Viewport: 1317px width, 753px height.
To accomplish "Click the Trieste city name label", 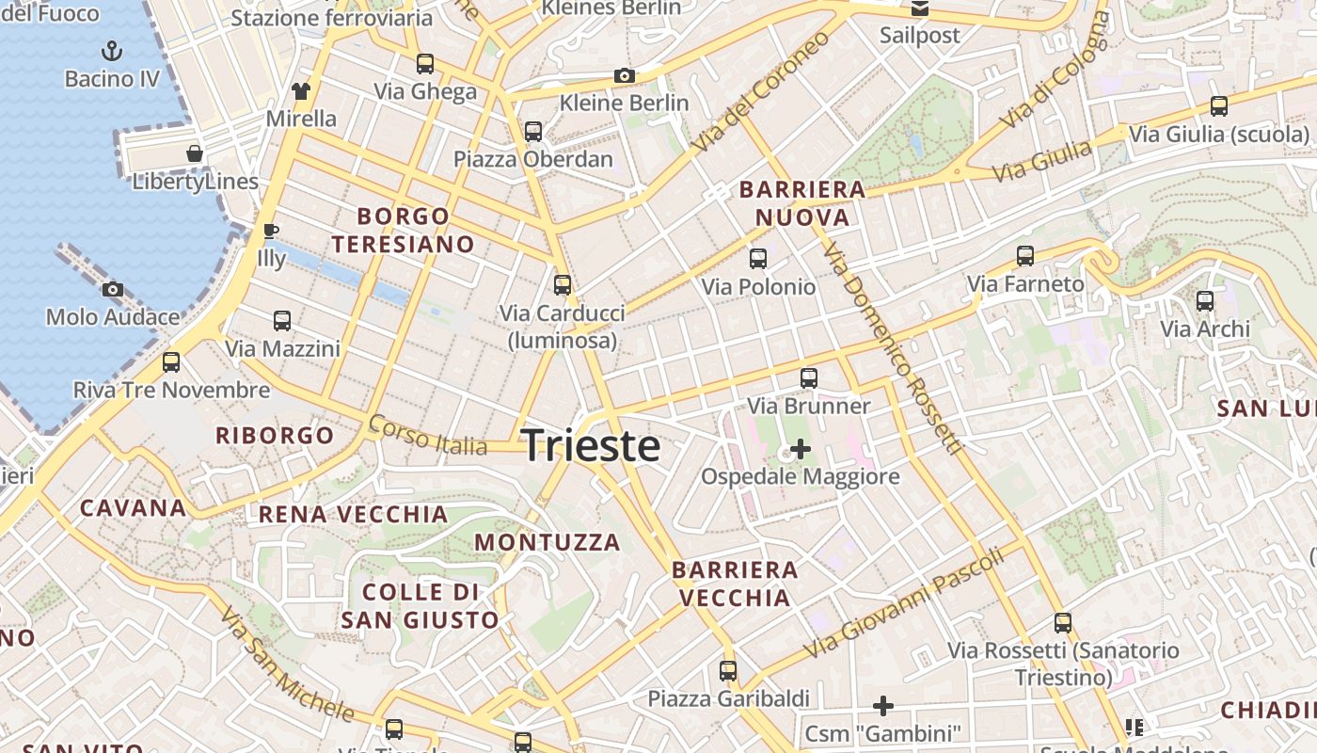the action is coord(591,444).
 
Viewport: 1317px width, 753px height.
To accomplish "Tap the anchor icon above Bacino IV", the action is coord(112,50).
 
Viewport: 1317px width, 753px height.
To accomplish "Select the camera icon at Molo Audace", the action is coord(113,289).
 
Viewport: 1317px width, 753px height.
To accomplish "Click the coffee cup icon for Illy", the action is coord(271,231).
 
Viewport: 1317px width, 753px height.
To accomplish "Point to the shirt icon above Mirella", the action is coord(301,91).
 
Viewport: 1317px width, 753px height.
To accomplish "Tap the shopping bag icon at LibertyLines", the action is coord(195,152).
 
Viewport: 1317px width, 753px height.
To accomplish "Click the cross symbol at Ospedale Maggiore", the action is coord(800,449).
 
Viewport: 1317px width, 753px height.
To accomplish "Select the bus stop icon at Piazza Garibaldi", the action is coord(728,671).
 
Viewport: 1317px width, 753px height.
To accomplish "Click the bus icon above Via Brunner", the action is coord(809,378).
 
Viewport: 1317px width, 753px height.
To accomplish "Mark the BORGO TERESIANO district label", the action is coord(403,231).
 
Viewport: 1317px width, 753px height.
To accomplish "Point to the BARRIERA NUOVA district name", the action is coord(802,203).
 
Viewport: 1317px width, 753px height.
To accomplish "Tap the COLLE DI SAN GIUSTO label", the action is coord(420,606).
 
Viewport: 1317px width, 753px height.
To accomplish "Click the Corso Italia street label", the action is coord(428,436).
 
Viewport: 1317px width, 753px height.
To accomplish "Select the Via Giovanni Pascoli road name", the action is coord(904,603).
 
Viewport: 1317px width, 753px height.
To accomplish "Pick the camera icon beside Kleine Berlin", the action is coord(624,75).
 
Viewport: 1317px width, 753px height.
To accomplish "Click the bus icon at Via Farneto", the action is coord(1025,256).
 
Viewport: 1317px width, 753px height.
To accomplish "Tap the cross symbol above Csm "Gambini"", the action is coord(882,705).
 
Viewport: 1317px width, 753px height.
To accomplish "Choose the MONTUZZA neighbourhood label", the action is coord(547,542).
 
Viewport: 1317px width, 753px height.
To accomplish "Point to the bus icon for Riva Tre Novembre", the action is coord(171,362).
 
